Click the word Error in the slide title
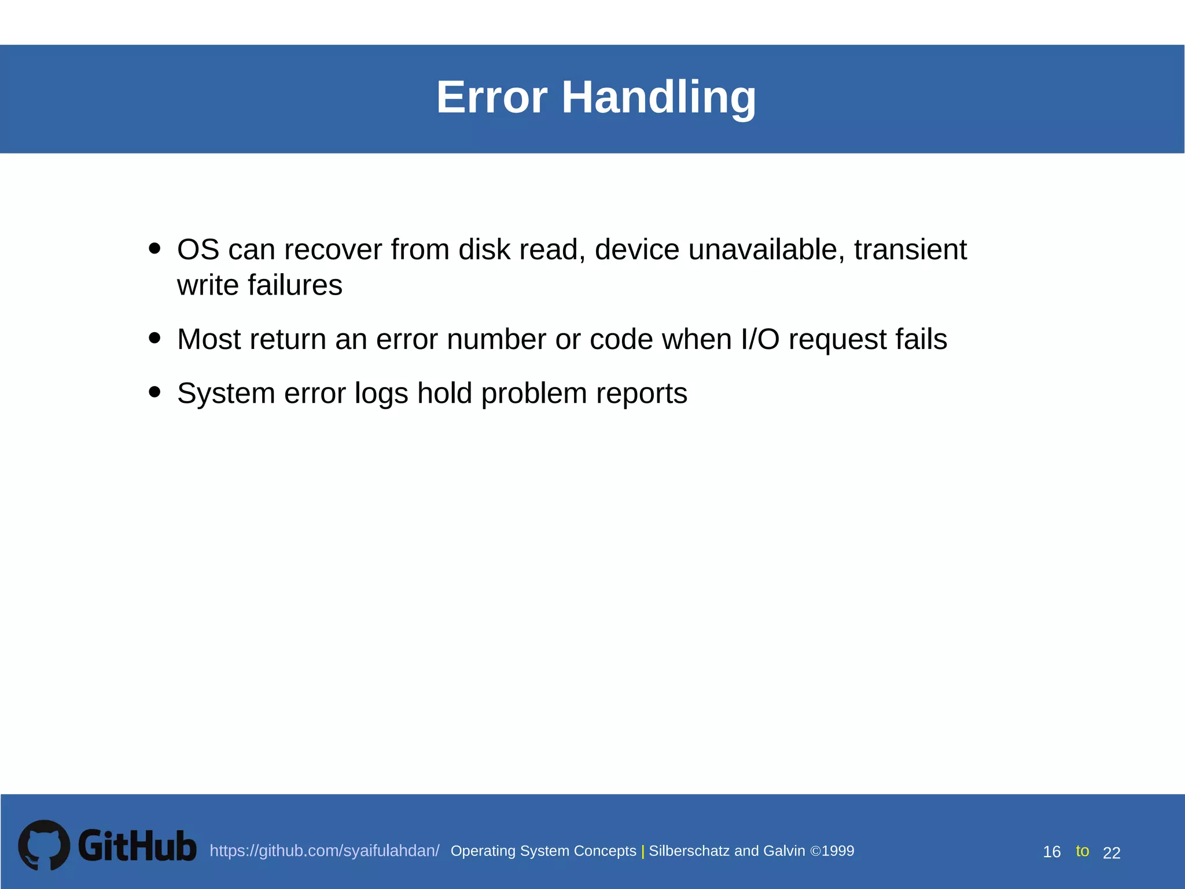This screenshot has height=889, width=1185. point(491,97)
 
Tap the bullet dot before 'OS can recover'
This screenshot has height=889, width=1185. point(154,248)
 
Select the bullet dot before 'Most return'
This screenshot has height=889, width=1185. point(154,337)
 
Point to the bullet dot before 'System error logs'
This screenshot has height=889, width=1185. point(154,392)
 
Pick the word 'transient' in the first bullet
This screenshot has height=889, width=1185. point(910,250)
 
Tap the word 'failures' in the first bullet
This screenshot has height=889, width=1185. point(295,285)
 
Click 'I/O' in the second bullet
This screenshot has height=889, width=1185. point(760,339)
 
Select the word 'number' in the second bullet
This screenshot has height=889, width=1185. point(496,339)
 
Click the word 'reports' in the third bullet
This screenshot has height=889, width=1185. point(641,394)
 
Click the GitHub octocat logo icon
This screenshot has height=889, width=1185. point(44,845)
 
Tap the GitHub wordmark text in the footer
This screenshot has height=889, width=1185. point(137,846)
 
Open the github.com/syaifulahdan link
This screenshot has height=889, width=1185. point(324,851)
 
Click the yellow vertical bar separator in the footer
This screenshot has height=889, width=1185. point(643,851)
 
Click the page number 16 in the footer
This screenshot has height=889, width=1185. point(1051,852)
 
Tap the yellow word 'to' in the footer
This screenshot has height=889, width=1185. point(1082,851)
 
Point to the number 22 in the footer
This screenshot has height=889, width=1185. point(1112,853)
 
